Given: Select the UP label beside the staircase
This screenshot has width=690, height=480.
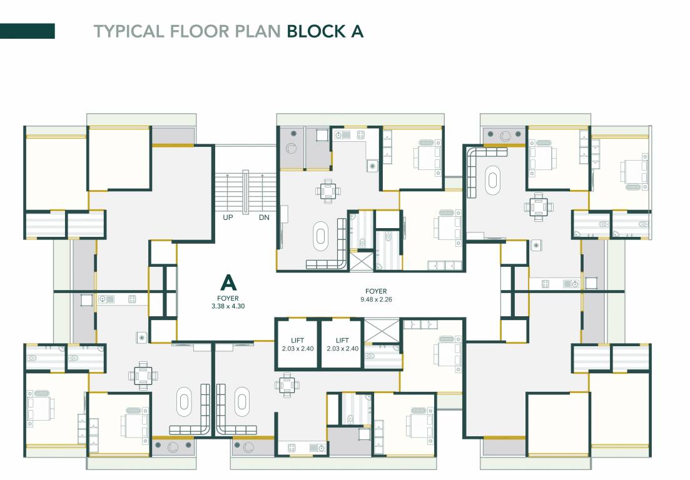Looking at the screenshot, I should coord(228,217).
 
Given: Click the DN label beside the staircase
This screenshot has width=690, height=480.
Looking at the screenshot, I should coord(264,217).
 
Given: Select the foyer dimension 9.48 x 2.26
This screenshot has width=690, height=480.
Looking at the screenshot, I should coord(376,299).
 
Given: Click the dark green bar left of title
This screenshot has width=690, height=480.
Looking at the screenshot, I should coord(28,31).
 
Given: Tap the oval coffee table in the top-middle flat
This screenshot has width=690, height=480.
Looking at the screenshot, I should coord(320,235).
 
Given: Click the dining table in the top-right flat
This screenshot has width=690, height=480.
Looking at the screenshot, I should coord(539,207).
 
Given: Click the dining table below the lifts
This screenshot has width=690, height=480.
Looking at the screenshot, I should coord(287,386).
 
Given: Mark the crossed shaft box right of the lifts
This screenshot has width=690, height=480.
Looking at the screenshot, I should coord(382,331).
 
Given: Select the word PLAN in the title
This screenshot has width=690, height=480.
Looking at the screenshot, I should coord(257,31).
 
